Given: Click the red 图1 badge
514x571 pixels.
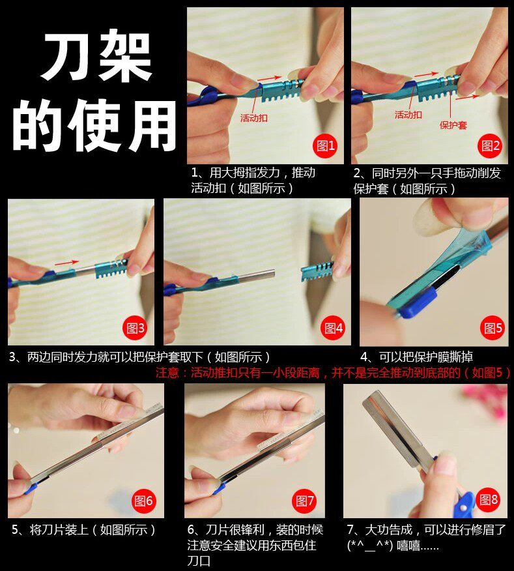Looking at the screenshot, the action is pyautogui.click(x=325, y=146).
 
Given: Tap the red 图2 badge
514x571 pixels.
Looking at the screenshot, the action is pyautogui.click(x=490, y=146).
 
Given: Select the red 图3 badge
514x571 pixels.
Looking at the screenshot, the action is pyautogui.click(x=135, y=329).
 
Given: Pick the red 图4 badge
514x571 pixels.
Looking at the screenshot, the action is pyautogui.click(x=334, y=328).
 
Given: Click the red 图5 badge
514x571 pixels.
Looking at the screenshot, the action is pyautogui.click(x=493, y=328).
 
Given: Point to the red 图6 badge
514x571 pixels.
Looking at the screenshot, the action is pyautogui.click(x=143, y=501).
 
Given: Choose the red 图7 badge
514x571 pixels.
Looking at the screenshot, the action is pyautogui.click(x=304, y=501).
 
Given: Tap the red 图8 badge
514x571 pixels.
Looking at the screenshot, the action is pyautogui.click(x=488, y=499).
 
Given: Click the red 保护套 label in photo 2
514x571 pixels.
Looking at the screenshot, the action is pyautogui.click(x=453, y=125).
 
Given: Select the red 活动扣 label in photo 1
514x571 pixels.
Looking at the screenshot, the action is pyautogui.click(x=253, y=117).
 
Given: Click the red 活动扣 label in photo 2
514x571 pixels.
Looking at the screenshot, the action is pyautogui.click(x=408, y=115).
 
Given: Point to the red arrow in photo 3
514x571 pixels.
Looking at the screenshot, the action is pyautogui.click(x=66, y=262).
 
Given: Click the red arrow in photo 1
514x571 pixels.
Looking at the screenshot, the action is pyautogui.click(x=269, y=78).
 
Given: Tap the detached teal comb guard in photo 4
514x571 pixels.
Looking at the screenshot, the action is pyautogui.click(x=317, y=272).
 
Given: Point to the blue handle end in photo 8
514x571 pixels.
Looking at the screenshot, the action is pyautogui.click(x=464, y=505).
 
